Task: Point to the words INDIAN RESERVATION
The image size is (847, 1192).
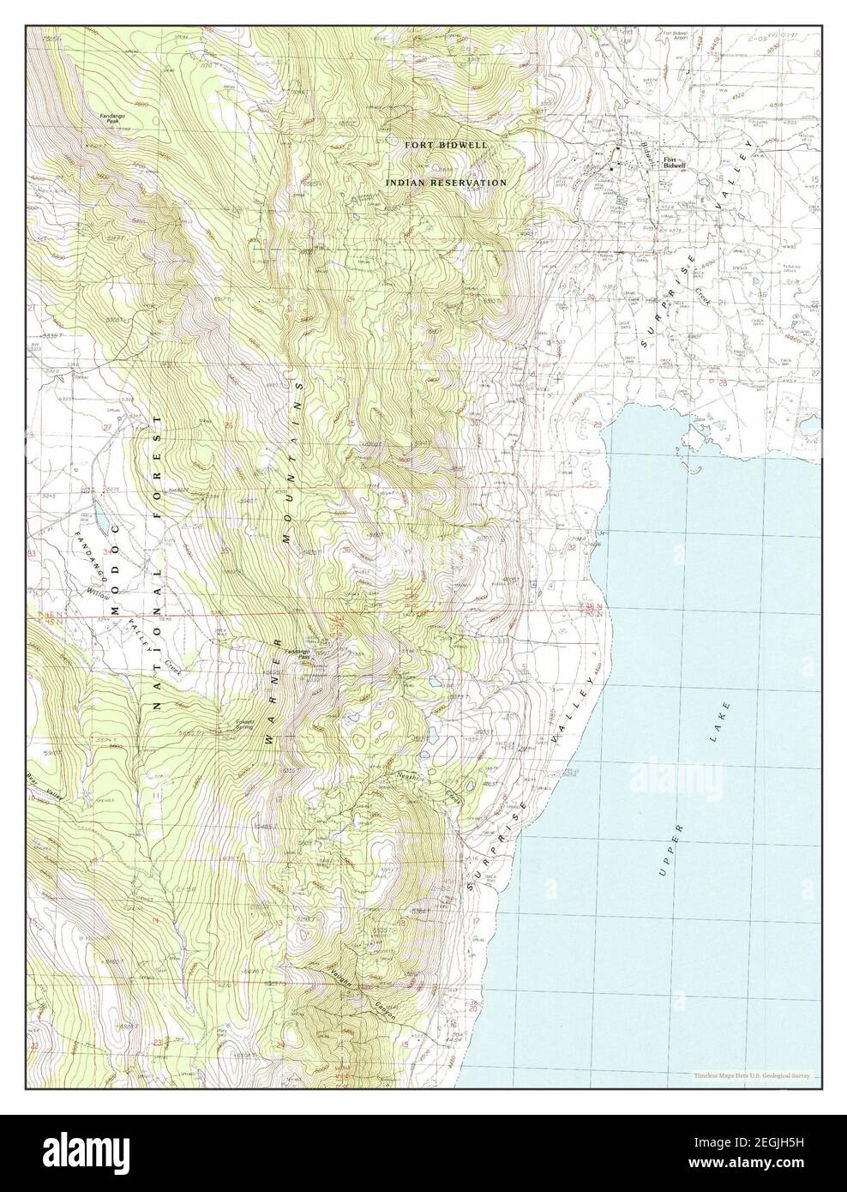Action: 446,183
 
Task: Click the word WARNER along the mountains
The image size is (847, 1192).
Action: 274,691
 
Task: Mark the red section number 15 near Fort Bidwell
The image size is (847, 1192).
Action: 814,179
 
